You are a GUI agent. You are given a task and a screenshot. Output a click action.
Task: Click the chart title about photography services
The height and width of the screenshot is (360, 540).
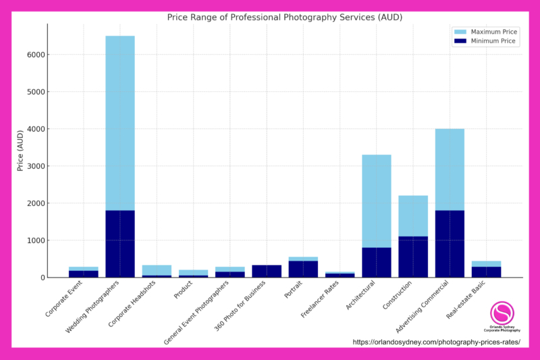[284, 17]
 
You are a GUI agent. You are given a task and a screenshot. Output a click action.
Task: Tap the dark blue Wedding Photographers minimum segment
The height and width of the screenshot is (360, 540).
[119, 243]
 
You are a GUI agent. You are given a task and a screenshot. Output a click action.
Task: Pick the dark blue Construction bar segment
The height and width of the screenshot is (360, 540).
[413, 257]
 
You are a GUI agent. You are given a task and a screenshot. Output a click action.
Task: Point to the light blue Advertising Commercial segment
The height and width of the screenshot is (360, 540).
[450, 169]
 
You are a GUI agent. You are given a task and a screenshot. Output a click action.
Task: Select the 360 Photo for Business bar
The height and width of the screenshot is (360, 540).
[267, 271]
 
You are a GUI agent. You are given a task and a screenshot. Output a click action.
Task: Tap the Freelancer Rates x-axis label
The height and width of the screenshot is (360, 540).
[318, 301]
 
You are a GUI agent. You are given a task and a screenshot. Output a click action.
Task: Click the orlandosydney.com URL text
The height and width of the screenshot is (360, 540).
[436, 342]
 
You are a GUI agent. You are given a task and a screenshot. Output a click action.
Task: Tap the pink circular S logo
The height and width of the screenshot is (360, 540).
[502, 313]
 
